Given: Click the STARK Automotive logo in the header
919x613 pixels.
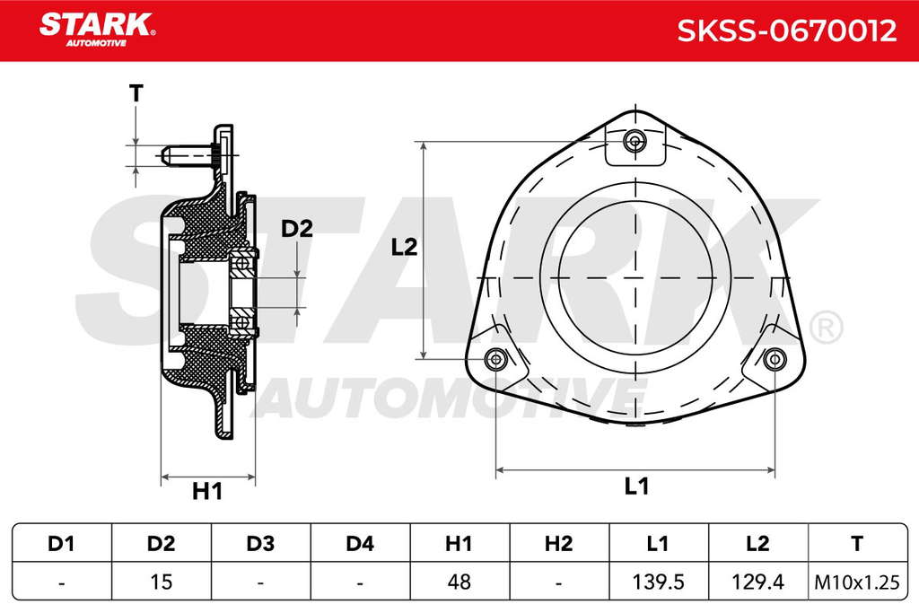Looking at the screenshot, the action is pyautogui.click(x=97, y=30).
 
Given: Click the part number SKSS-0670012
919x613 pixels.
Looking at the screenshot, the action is pyautogui.click(x=786, y=31).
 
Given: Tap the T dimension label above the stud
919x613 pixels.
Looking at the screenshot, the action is pyautogui.click(x=136, y=93).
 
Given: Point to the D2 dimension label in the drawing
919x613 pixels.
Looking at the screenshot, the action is pyautogui.click(x=297, y=229).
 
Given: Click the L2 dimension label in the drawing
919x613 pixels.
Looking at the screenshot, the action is pyautogui.click(x=405, y=248).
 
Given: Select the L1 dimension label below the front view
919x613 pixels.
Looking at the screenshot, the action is pyautogui.click(x=636, y=486).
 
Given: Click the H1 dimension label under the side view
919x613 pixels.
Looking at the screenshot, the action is pyautogui.click(x=207, y=491).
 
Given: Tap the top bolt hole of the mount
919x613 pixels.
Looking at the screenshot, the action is pyautogui.click(x=635, y=141).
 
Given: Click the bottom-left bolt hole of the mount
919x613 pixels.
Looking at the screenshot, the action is pyautogui.click(x=495, y=359).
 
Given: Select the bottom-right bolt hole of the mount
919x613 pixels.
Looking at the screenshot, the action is pyautogui.click(x=775, y=359).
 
